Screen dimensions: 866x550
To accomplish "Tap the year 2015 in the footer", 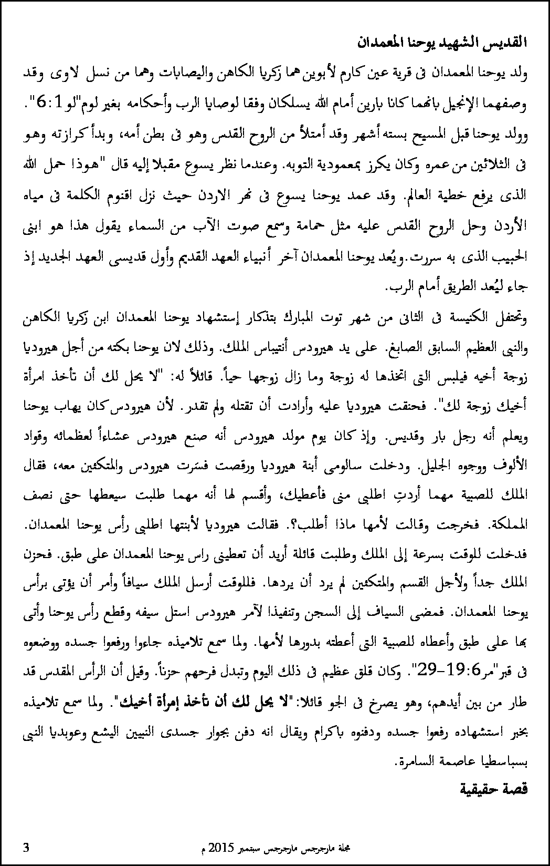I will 219,848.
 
